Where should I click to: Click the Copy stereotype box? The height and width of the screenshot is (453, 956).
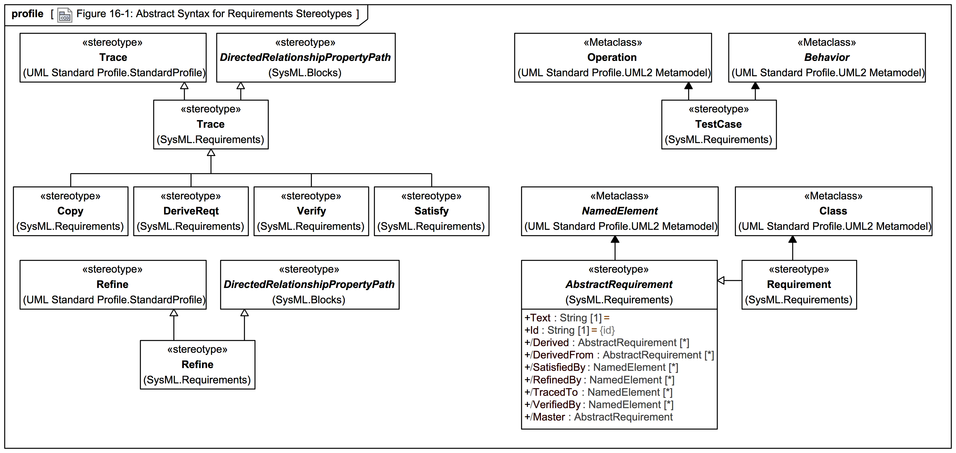point(71,211)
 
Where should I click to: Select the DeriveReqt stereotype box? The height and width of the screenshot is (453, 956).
point(191,211)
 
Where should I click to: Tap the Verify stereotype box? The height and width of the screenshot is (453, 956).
point(311,211)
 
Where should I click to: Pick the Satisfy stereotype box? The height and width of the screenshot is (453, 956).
point(431,211)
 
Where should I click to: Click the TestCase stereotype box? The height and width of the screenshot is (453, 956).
point(719,124)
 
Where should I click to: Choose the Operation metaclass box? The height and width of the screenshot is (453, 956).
point(613,57)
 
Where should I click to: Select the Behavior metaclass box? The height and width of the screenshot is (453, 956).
point(827,57)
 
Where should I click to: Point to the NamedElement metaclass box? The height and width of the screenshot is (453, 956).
point(619,211)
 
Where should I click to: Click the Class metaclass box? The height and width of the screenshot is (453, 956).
point(833,211)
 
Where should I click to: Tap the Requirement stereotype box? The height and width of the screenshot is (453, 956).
point(799,284)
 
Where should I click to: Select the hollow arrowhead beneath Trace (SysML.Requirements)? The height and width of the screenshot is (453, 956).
point(211,152)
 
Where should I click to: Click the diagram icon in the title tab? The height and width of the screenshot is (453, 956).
point(65,15)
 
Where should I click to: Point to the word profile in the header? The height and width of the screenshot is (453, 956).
point(28,14)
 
